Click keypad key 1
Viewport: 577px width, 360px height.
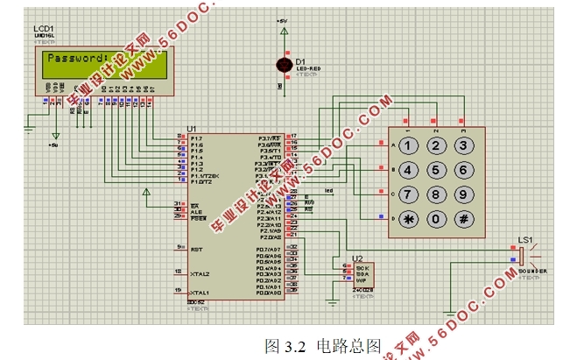[x=408, y=145]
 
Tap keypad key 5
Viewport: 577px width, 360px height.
[x=436, y=169]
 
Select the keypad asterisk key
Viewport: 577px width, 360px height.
[x=408, y=218]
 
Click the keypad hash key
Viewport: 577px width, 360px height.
[x=463, y=218]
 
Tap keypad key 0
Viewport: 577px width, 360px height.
[x=436, y=218]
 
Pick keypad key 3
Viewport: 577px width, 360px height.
[x=463, y=145]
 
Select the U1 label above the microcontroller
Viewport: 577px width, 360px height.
[x=192, y=129]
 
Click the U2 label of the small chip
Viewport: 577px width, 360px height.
[x=357, y=258]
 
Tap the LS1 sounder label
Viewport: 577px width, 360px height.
[x=525, y=239]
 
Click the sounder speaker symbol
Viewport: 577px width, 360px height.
[x=524, y=256]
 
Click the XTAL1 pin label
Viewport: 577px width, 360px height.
[x=201, y=292]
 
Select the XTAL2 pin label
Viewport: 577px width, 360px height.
[x=201, y=273]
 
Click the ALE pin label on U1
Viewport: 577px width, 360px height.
[x=196, y=211]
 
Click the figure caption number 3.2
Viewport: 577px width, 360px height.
[x=293, y=345]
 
